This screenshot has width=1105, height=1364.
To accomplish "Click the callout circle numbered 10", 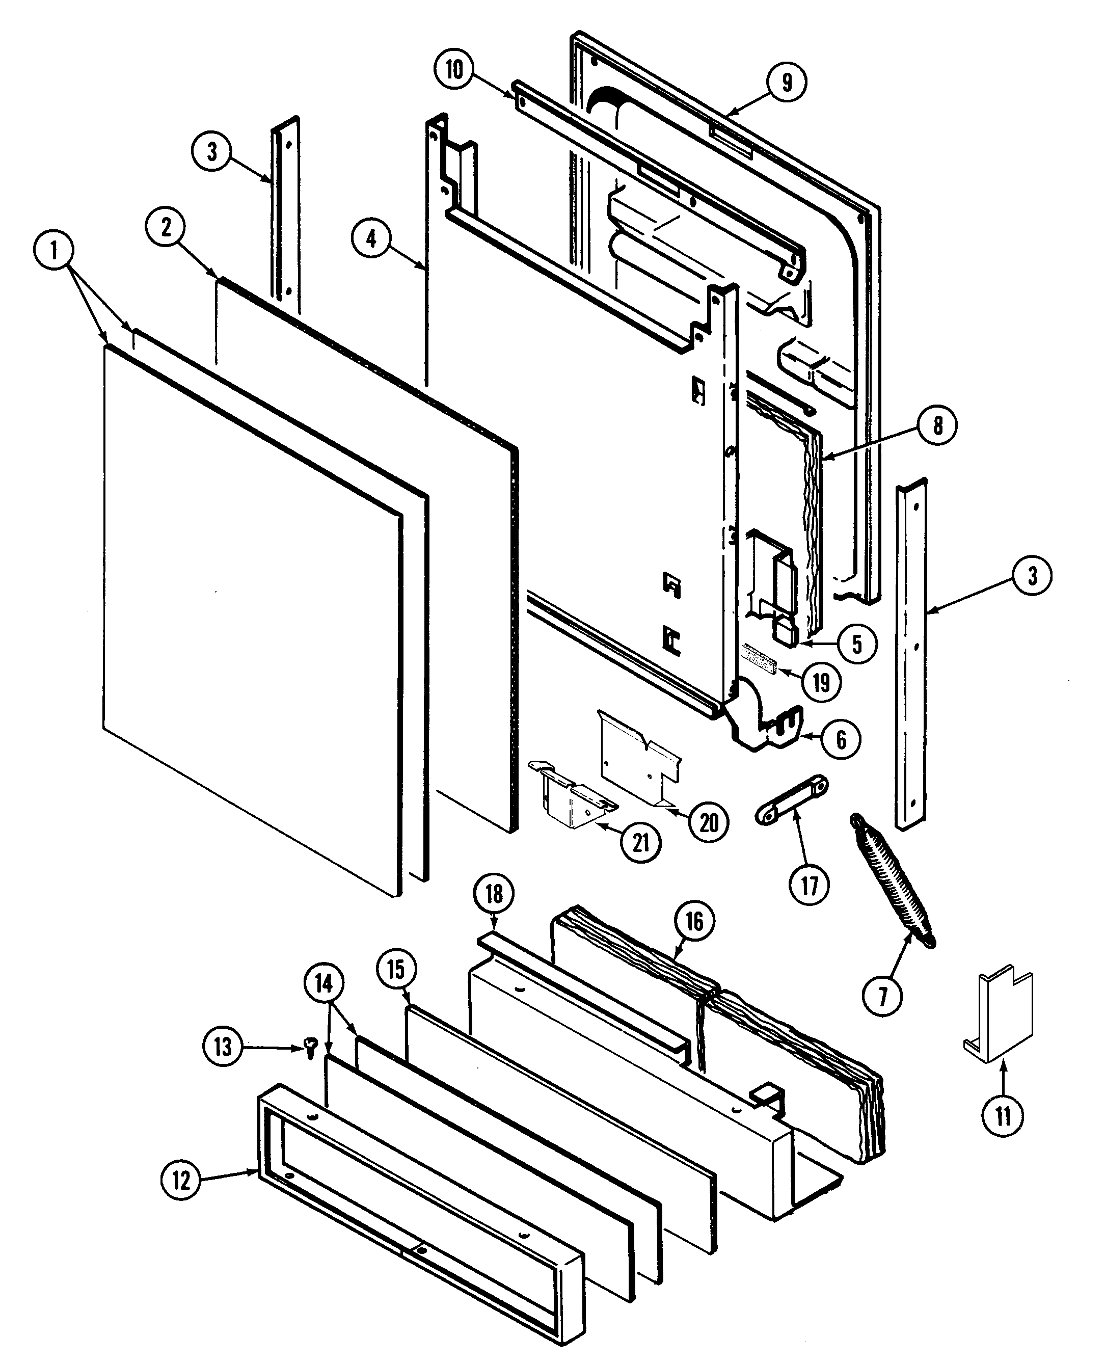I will pos(454,69).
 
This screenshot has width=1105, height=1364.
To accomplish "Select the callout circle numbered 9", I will pos(787,82).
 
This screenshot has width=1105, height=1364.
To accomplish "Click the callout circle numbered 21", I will pos(640,843).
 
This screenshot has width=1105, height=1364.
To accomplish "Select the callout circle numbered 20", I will pos(709,822).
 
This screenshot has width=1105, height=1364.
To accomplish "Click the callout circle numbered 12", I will pos(181,1180).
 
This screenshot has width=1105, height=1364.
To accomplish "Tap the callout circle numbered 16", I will pos(694,921).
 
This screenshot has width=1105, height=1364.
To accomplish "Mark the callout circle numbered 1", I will pos(54,251).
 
